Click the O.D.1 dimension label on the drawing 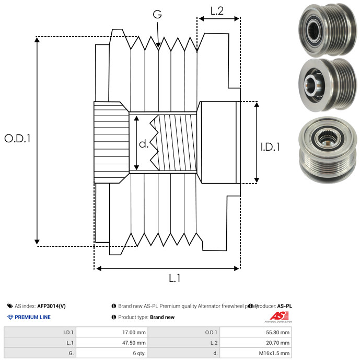pos(17,139)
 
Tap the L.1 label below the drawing pos(175,279)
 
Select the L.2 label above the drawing pos(217,10)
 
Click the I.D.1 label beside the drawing pos(270,148)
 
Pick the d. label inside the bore pos(144,144)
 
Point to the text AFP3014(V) pos(51,306)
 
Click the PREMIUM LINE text pos(32,317)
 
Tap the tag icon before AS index pos(10,306)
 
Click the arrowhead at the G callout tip pos(158,46)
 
